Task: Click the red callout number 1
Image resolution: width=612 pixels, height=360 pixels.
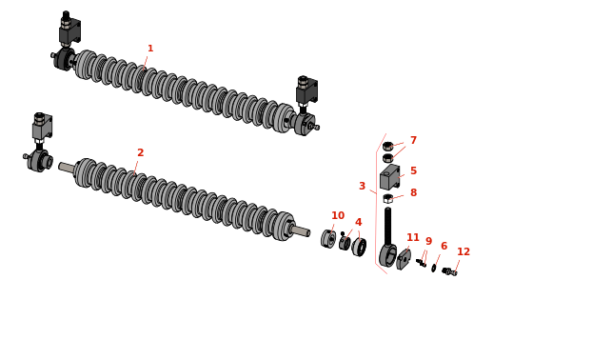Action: click(x=150, y=49)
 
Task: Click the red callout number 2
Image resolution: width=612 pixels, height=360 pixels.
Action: click(x=141, y=152)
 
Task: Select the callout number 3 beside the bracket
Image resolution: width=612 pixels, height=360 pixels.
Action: click(x=363, y=186)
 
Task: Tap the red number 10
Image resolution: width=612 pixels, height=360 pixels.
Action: click(x=338, y=215)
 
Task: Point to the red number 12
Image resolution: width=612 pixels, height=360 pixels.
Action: click(x=464, y=251)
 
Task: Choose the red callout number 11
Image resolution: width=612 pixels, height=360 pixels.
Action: click(x=413, y=237)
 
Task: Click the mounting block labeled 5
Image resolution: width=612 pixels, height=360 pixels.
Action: click(x=390, y=177)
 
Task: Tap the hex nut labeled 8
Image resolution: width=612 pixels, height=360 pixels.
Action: click(x=387, y=198)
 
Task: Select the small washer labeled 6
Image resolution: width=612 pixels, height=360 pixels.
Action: click(x=434, y=268)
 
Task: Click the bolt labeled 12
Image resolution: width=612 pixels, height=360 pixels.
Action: click(x=449, y=271)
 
